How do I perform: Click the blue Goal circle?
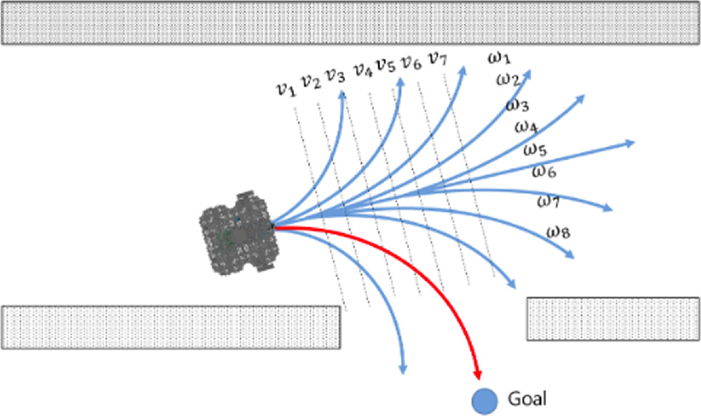485,401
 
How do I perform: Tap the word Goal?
526,400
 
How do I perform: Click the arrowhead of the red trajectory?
477,376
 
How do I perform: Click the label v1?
284,89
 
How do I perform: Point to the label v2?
310,82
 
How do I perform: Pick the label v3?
335,76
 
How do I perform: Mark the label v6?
410,63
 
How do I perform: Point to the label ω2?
508,79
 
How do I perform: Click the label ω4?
526,127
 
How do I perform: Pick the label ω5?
535,150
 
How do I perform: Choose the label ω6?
544,171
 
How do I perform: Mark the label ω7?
548,202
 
